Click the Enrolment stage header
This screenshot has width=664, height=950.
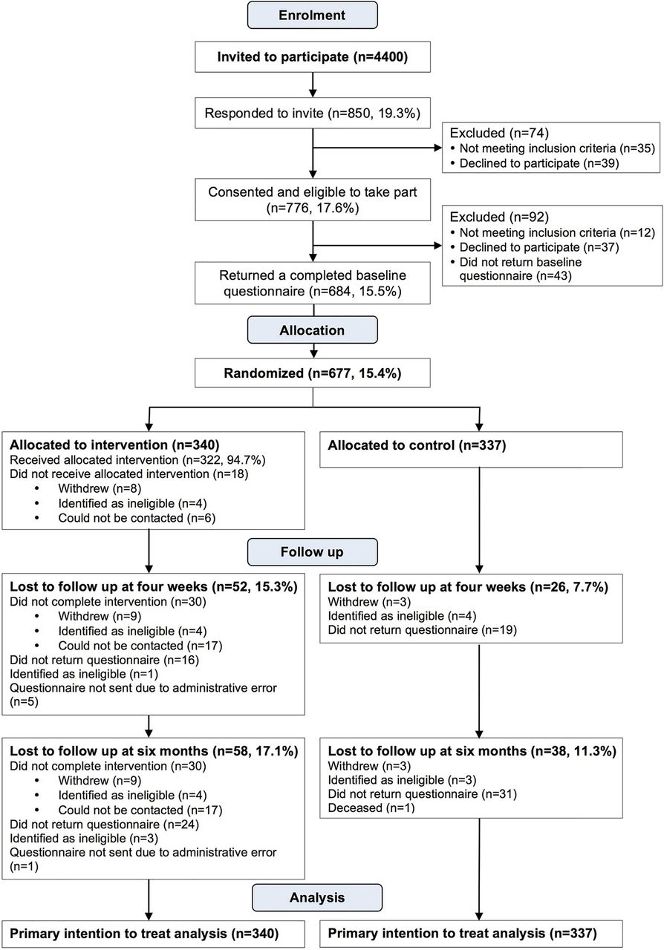click(x=312, y=15)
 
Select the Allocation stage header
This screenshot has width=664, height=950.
click(x=312, y=330)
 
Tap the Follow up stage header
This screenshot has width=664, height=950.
click(x=312, y=551)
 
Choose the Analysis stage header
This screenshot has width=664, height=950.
click(x=316, y=897)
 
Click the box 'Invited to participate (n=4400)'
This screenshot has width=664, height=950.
click(x=313, y=57)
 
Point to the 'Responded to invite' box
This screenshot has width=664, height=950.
click(x=313, y=114)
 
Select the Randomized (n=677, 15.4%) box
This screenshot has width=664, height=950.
click(x=313, y=373)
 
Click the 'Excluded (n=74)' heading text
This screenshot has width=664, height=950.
click(x=499, y=133)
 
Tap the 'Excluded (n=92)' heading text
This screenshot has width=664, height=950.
click(x=499, y=217)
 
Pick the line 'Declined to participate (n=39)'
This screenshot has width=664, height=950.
click(x=539, y=163)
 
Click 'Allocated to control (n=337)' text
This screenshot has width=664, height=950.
click(x=417, y=445)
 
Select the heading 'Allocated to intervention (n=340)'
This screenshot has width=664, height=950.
click(x=114, y=445)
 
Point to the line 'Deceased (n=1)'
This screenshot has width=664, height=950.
click(x=371, y=808)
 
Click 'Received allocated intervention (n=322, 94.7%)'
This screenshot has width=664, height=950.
click(x=137, y=460)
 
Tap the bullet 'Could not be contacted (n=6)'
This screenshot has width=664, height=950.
click(x=137, y=518)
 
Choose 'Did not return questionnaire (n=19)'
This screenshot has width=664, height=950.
click(x=423, y=630)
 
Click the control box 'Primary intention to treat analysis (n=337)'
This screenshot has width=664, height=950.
click(x=471, y=934)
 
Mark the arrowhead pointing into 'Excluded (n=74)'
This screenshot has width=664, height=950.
click(x=437, y=148)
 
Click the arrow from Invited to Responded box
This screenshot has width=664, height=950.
click(x=313, y=85)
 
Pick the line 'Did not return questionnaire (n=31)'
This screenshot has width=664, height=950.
click(x=423, y=794)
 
